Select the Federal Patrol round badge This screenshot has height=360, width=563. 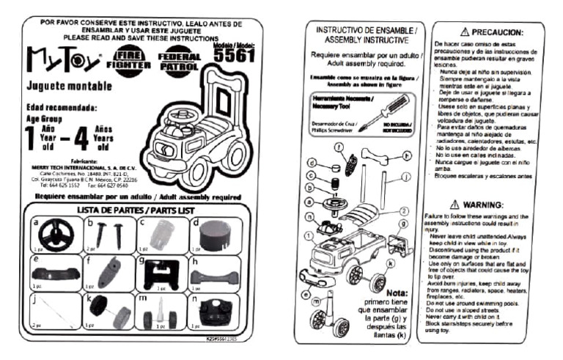pyautogui.click(x=178, y=59)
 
